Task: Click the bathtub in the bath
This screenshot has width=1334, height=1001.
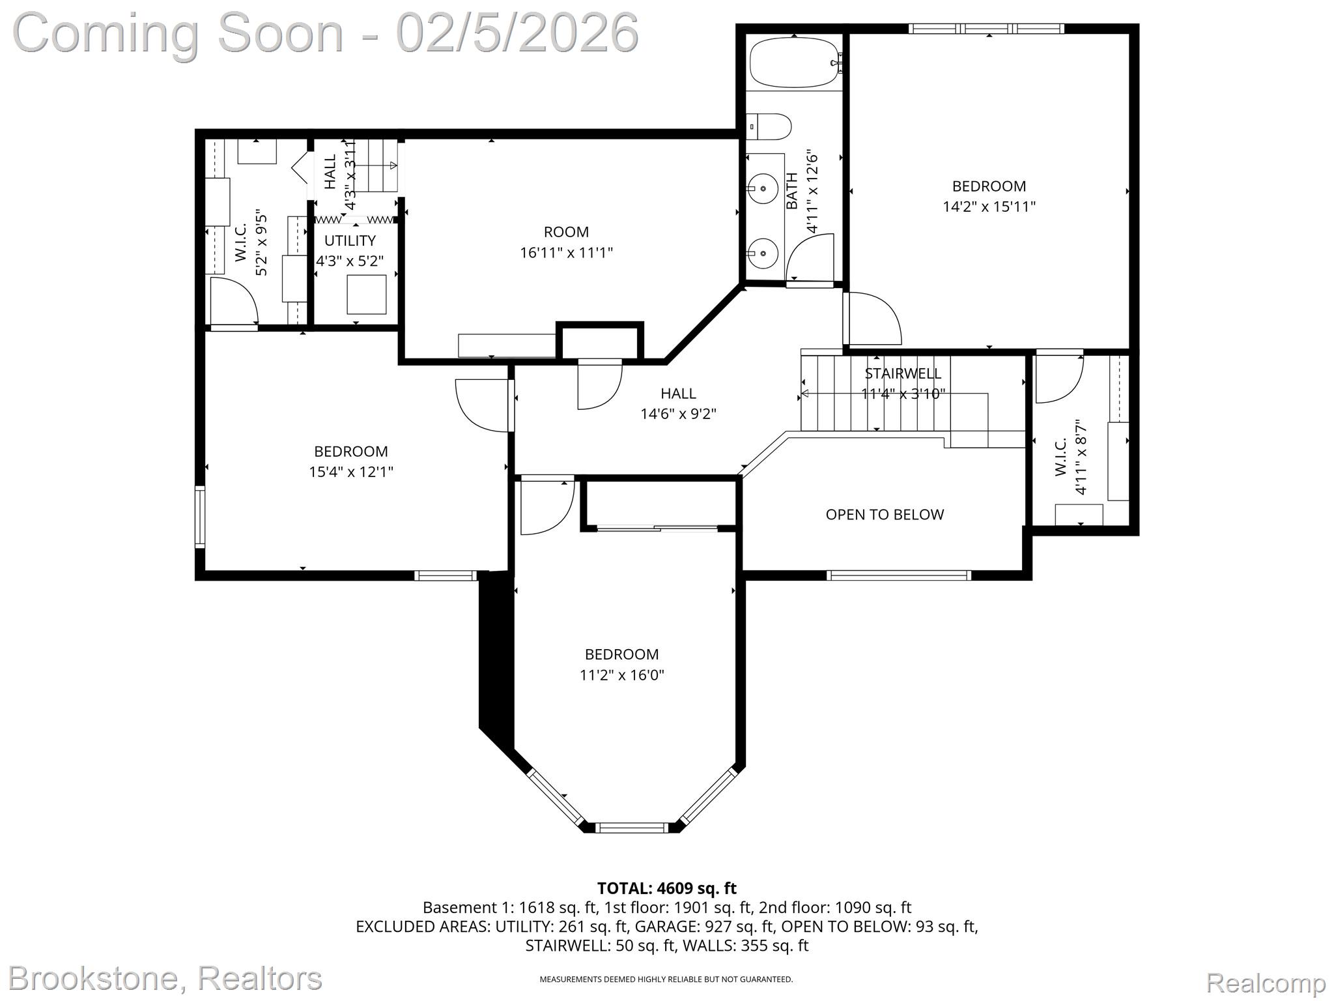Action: [793, 63]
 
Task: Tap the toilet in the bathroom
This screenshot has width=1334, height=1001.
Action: [770, 126]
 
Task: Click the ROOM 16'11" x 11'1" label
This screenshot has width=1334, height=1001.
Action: [566, 242]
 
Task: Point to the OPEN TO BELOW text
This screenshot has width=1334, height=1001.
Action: [884, 515]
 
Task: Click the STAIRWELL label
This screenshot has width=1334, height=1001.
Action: [902, 373]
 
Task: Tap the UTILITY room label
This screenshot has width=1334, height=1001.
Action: [350, 240]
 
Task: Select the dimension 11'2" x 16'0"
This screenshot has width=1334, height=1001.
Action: [621, 675]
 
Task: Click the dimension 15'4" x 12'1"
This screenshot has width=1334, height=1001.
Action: [351, 472]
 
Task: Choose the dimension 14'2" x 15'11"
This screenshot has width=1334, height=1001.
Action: [989, 207]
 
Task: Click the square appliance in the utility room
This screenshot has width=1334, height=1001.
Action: [366, 295]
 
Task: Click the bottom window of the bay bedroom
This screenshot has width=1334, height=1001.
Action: [632, 828]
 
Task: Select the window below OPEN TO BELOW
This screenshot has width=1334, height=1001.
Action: [898, 575]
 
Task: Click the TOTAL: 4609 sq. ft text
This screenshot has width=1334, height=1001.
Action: [666, 888]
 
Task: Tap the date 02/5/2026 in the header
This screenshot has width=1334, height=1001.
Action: [517, 34]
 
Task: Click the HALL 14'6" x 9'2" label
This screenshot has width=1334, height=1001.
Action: [678, 403]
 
